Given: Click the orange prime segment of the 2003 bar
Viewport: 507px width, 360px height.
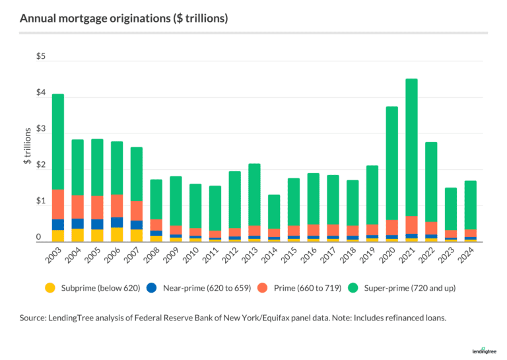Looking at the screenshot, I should (58, 204).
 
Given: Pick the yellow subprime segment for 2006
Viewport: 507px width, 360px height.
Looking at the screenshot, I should (117, 235).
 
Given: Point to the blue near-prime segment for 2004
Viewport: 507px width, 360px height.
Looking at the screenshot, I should (78, 223).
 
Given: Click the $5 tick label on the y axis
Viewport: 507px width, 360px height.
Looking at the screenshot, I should (41, 57).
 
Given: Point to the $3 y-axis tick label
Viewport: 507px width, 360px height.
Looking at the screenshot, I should (41, 129).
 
